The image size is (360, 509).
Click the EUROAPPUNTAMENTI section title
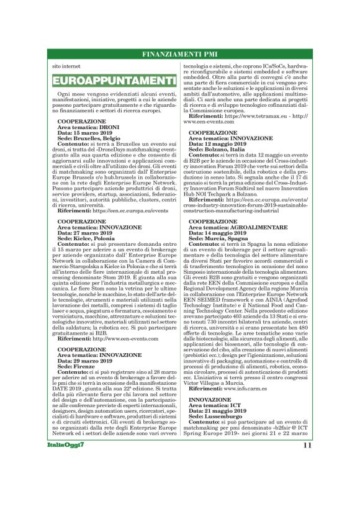(x=114, y=81)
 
